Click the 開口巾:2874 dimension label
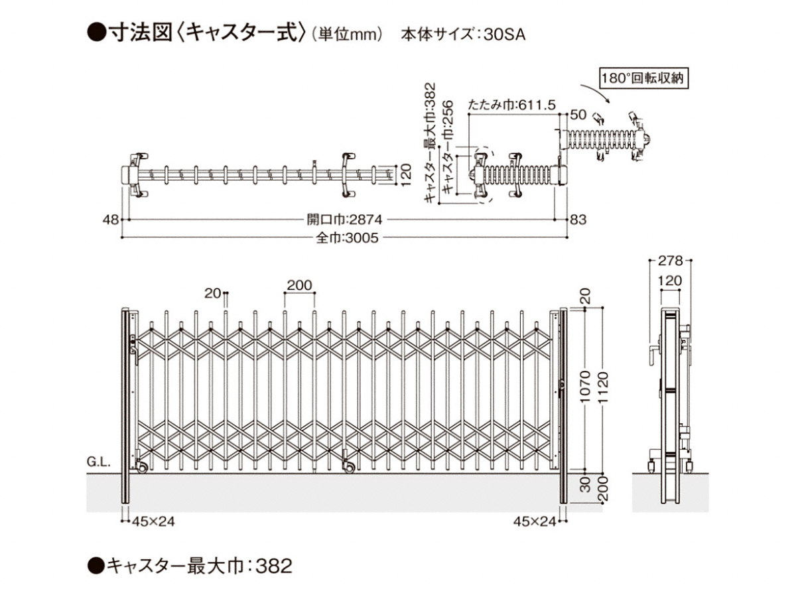344,218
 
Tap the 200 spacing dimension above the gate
299,286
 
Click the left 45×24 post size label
152,521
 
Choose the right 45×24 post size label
534,521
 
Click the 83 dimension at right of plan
578,218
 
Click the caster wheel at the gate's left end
142,468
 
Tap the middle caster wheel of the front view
348,468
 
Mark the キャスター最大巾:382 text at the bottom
191,566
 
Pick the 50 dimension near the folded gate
578,115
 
